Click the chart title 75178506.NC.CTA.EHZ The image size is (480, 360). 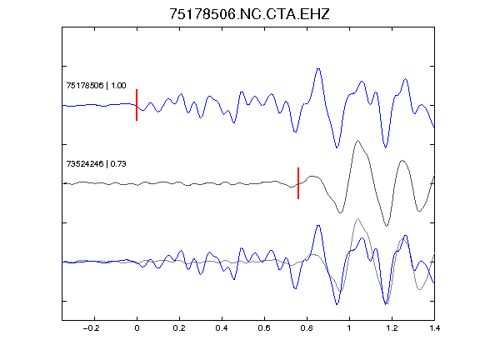pyautogui.click(x=249, y=14)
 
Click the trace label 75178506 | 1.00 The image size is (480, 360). pyautogui.click(x=96, y=85)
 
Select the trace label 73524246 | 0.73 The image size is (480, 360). pyautogui.click(x=96, y=164)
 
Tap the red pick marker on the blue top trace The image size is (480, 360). pyautogui.click(x=137, y=105)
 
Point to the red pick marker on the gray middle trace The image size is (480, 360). pyautogui.click(x=298, y=183)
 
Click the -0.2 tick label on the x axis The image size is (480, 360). pyautogui.click(x=91, y=328)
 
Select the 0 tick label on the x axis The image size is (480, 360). pyautogui.click(x=137, y=328)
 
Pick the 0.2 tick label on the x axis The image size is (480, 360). pyautogui.click(x=179, y=328)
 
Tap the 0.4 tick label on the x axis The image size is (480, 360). pyautogui.click(x=222, y=328)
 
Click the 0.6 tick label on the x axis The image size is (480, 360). pyautogui.click(x=264, y=328)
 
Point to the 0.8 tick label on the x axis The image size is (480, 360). pyautogui.click(x=307, y=328)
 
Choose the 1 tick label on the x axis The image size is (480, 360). pyautogui.click(x=349, y=328)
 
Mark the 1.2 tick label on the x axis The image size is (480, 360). pyautogui.click(x=392, y=328)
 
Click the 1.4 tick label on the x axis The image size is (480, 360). pyautogui.click(x=434, y=328)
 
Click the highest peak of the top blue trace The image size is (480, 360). pyautogui.click(x=318, y=69)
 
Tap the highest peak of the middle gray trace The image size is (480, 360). pyautogui.click(x=357, y=141)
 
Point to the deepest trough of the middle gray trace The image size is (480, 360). pyautogui.click(x=387, y=226)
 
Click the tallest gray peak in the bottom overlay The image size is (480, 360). pyautogui.click(x=357, y=219)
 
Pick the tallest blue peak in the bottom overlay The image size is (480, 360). pyautogui.click(x=318, y=226)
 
